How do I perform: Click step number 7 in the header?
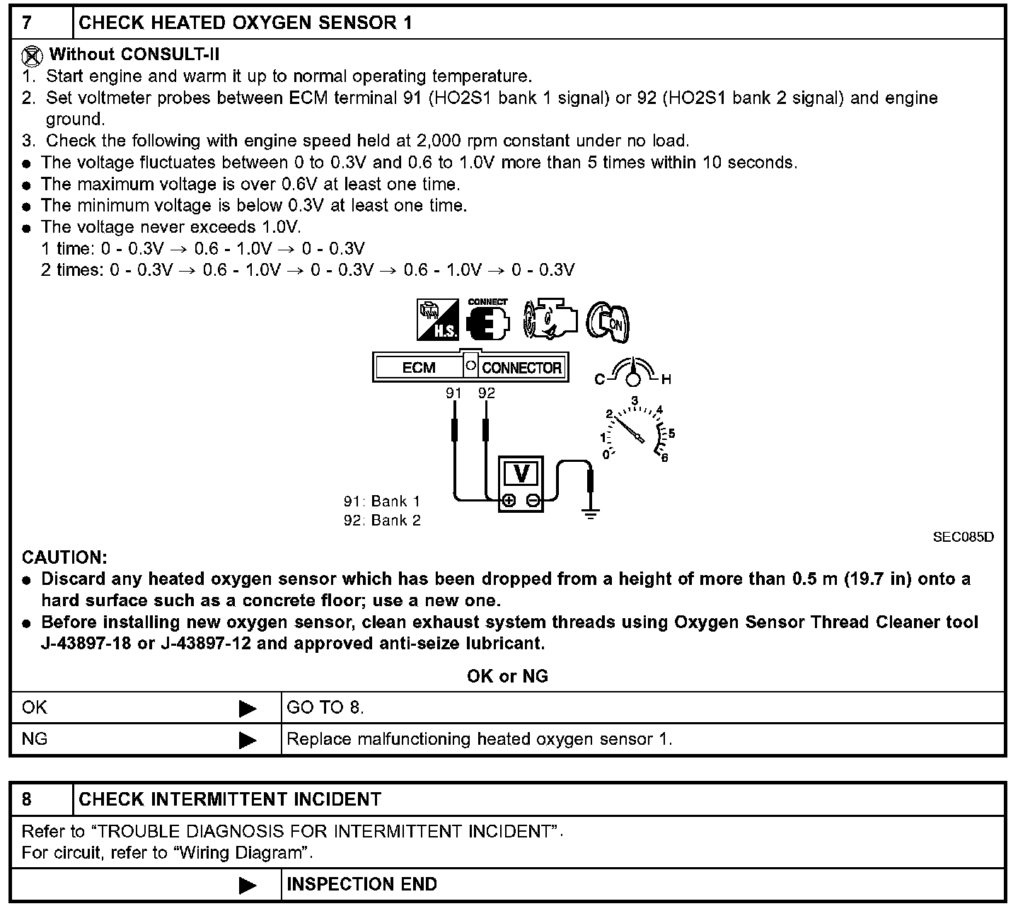pos(27,23)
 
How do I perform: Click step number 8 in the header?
pos(27,799)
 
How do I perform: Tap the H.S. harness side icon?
pos(437,320)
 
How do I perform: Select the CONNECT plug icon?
pos(488,320)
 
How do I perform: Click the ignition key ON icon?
pos(609,322)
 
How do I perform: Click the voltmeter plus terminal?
pos(508,501)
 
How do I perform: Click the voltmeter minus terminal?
pos(533,501)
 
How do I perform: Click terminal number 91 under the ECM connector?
pos(453,393)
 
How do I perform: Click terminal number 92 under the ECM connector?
pos(487,393)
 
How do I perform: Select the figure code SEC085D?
pos(963,537)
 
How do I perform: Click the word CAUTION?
pos(64,557)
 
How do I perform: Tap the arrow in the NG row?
pos(248,740)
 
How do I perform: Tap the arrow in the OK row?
pos(248,708)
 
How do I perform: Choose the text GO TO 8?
pos(325,707)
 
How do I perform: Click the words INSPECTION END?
pos(361,884)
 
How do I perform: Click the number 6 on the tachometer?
pos(664,458)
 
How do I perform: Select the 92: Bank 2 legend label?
pos(382,521)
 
